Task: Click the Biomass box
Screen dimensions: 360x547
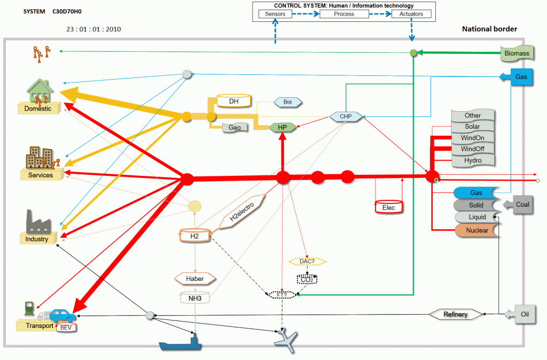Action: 517,53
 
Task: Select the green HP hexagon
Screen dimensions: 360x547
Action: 283,127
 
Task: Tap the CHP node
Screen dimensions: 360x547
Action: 345,116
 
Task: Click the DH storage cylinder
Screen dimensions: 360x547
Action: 233,101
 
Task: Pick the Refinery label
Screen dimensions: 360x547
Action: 456,314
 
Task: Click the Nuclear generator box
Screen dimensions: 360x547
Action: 476,230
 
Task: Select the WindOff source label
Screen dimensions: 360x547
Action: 472,149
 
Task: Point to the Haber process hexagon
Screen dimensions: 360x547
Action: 195,279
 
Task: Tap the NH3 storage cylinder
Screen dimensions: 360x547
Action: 194,298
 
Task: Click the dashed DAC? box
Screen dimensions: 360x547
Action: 307,261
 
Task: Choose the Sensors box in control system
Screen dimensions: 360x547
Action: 276,14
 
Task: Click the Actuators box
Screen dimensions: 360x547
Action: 411,14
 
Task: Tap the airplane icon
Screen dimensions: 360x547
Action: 286,339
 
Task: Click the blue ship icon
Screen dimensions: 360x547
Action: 181,342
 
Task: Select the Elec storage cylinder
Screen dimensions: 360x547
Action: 388,207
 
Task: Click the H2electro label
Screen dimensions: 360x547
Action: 241,212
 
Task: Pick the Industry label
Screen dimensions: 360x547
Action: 37,239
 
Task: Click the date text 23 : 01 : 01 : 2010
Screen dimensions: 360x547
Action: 93,29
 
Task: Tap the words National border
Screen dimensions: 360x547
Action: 489,29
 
